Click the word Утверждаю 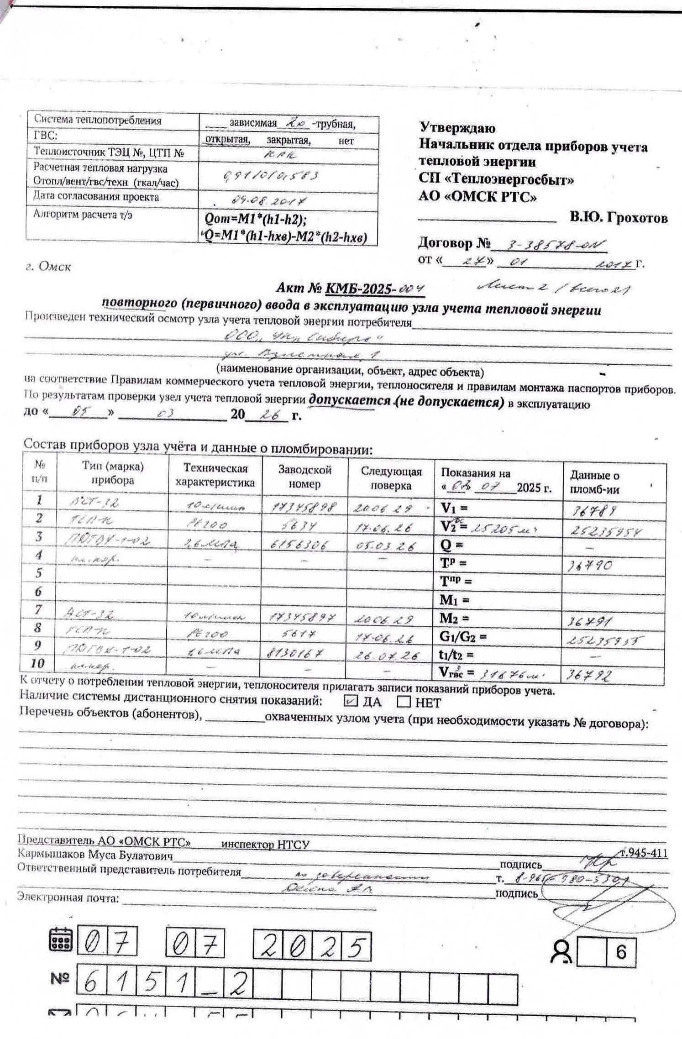[x=457, y=128]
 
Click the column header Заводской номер [x=304, y=477]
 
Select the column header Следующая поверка [x=391, y=478]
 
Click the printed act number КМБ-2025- [x=361, y=289]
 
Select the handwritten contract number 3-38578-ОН [x=548, y=246]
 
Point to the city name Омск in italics [x=54, y=267]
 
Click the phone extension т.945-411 [x=645, y=853]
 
